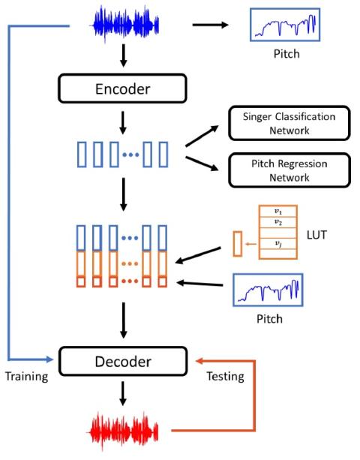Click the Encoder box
(x=122, y=89)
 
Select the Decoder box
(x=123, y=361)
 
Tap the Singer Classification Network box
(x=289, y=123)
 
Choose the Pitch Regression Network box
(x=289, y=170)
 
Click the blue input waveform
(x=126, y=25)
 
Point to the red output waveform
(x=123, y=431)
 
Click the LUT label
(x=316, y=235)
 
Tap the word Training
(x=27, y=377)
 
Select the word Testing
(x=226, y=377)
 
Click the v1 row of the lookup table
(x=278, y=211)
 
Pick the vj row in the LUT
(x=278, y=243)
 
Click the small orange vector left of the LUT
(x=238, y=244)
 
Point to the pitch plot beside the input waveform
(x=285, y=25)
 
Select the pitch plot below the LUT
(x=268, y=290)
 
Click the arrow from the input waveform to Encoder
(x=124, y=56)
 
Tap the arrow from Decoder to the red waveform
(x=123, y=394)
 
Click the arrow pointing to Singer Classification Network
(x=202, y=136)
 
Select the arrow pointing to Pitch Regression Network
(x=202, y=164)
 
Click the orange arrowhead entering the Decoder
(x=199, y=360)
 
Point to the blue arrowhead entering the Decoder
(x=49, y=359)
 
